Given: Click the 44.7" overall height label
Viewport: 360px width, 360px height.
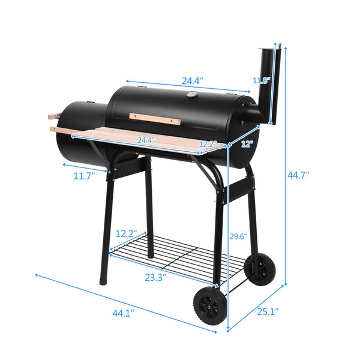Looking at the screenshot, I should click(x=298, y=175).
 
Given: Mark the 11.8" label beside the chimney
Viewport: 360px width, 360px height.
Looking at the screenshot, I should click(x=261, y=80).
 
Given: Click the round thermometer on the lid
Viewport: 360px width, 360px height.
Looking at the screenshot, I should click(x=191, y=95).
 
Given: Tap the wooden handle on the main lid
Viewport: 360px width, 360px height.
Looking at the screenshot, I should click(x=154, y=118).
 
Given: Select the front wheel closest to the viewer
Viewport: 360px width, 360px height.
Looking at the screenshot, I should click(x=208, y=307).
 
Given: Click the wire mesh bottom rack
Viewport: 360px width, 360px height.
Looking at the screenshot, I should click(x=180, y=255).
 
